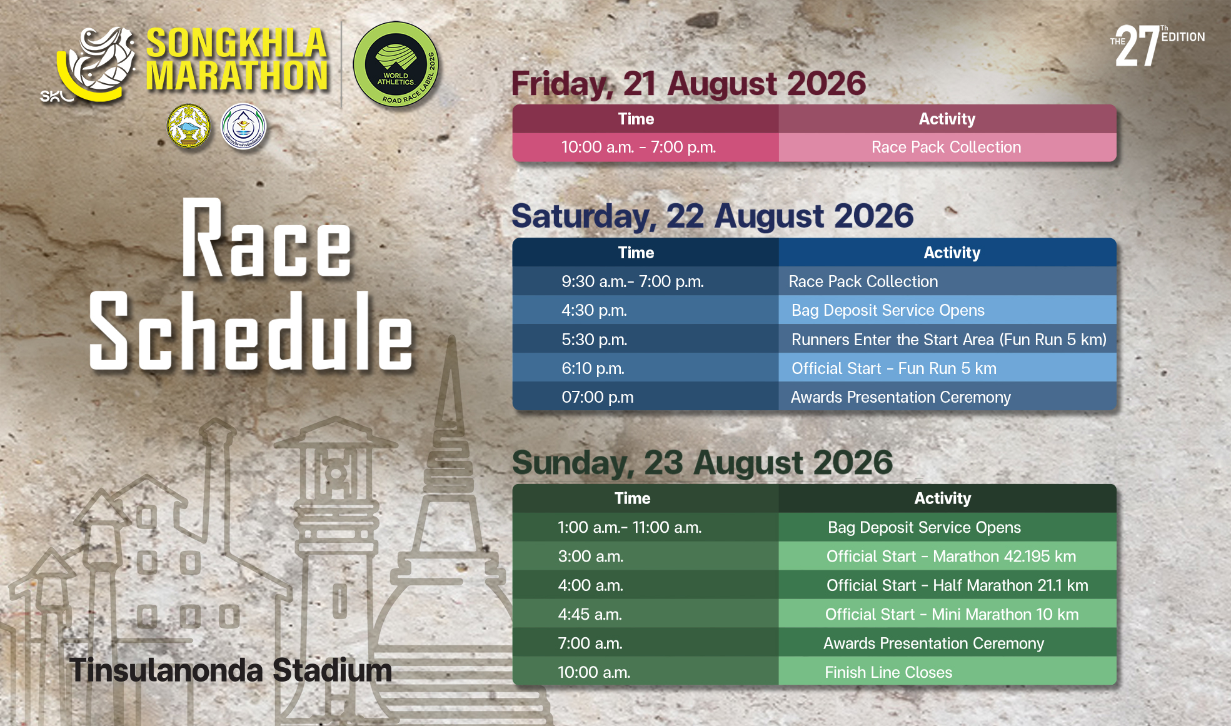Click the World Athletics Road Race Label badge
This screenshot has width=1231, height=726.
coord(396,64)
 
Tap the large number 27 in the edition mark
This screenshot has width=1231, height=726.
coord(1137,46)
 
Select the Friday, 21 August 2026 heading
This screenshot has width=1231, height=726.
coord(688,84)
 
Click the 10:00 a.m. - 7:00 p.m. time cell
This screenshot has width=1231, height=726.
coord(638,148)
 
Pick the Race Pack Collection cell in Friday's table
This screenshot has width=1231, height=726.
coord(946,148)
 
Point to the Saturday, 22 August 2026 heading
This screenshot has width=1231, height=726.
coord(713,216)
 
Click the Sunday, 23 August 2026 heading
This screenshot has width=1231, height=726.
coord(702,463)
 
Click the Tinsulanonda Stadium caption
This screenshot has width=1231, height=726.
coord(231,670)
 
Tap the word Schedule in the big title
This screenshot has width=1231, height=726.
coord(251,331)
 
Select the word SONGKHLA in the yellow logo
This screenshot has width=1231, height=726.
coord(237,43)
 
